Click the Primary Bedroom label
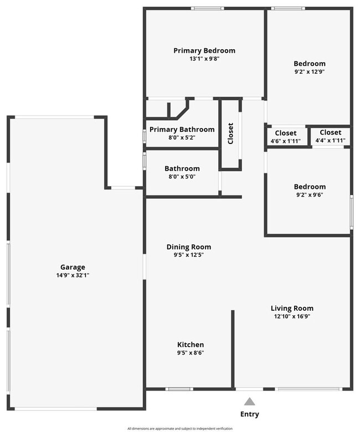click(204, 50)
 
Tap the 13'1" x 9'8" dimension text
click(204, 59)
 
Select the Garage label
click(73, 267)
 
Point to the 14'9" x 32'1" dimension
click(73, 275)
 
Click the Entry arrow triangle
click(250, 402)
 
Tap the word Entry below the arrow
click(249, 414)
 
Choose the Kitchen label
click(191, 344)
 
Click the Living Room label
click(292, 308)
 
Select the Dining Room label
click(189, 247)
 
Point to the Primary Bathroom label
click(182, 130)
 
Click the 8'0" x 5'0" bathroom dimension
click(182, 177)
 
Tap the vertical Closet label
click(230, 133)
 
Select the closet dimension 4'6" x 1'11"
click(286, 141)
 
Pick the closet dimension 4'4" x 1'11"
click(330, 141)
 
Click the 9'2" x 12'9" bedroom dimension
click(310, 71)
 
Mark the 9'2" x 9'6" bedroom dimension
click(310, 195)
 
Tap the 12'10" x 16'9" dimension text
click(292, 317)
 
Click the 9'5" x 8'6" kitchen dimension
click(191, 353)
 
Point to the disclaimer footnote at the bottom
click(180, 429)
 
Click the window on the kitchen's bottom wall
click(179, 389)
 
